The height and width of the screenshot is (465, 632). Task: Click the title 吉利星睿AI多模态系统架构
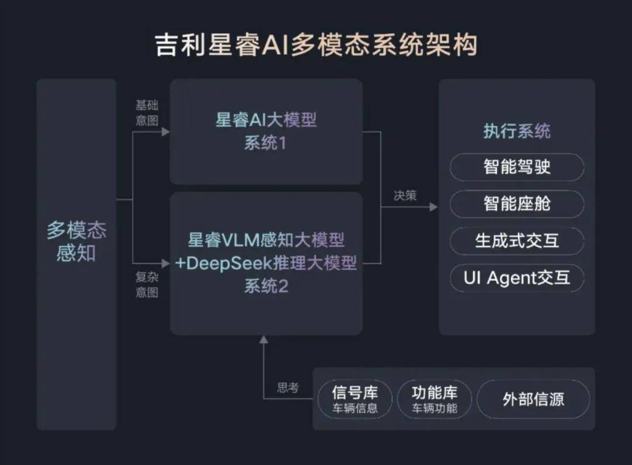[316, 45]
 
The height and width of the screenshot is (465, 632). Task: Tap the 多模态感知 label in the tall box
[76, 241]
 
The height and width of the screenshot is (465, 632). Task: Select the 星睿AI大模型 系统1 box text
[266, 131]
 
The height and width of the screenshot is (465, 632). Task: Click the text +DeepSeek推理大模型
[266, 263]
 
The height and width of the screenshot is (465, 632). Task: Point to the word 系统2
[266, 286]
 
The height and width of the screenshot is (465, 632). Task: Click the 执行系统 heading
[517, 131]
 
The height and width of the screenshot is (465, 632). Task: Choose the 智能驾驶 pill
[517, 167]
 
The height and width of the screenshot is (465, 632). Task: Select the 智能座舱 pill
[517, 204]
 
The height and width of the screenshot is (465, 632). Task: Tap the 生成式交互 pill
[517, 241]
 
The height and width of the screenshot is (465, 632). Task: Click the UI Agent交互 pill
[517, 278]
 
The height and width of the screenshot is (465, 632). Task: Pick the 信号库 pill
[355, 399]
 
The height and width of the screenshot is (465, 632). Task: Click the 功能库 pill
[434, 399]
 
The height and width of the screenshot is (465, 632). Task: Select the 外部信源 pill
[533, 399]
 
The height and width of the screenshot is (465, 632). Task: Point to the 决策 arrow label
[405, 196]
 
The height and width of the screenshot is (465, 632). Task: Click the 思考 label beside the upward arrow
[288, 388]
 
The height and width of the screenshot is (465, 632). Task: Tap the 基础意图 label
[147, 113]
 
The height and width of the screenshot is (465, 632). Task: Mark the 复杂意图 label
[147, 285]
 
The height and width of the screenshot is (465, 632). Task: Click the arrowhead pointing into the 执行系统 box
[434, 207]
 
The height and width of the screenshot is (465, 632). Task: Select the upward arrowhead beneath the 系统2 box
[263, 340]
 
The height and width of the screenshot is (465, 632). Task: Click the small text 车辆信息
[355, 408]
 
